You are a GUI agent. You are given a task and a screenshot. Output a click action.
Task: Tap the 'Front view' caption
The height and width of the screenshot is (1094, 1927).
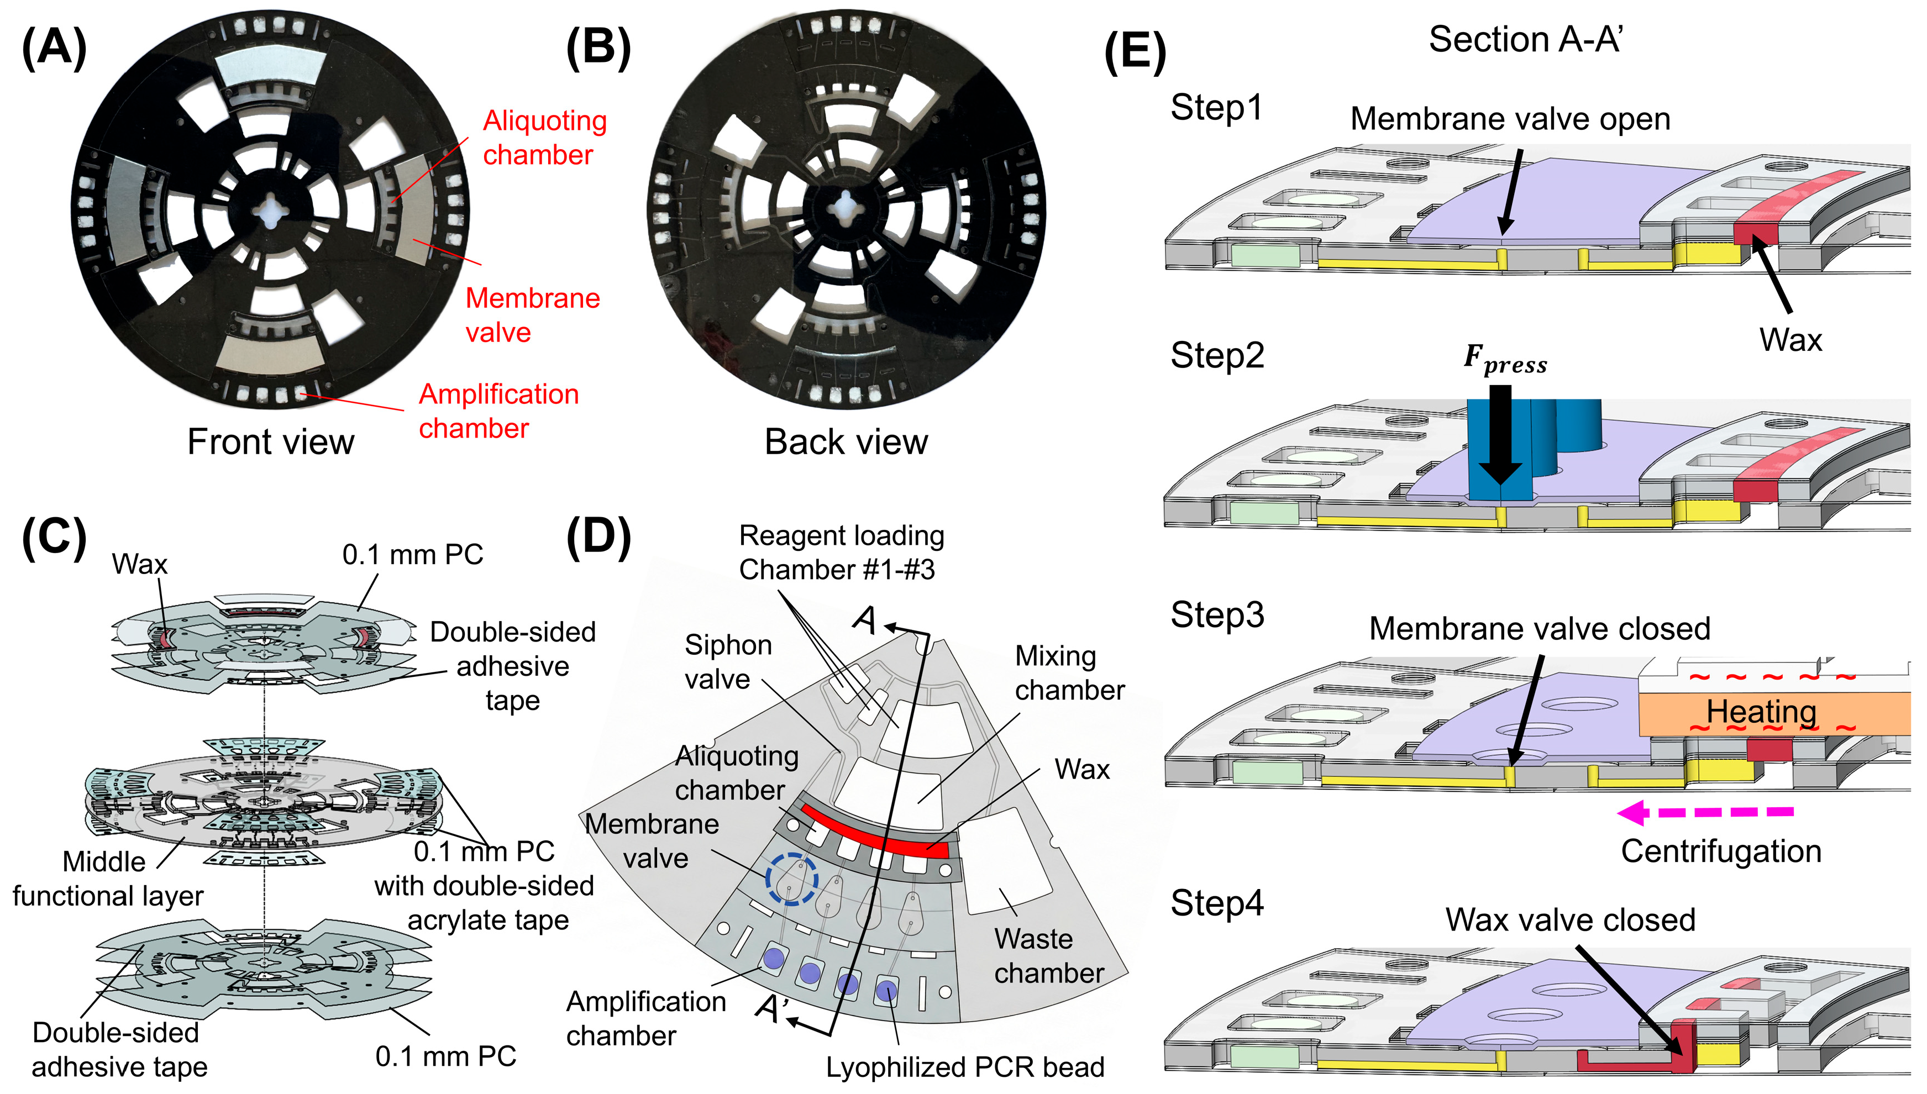(x=270, y=442)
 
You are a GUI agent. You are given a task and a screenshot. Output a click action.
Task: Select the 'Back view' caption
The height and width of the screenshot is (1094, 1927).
(x=846, y=442)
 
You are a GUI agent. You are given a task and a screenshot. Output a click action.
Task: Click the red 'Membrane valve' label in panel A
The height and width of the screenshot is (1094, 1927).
(x=533, y=315)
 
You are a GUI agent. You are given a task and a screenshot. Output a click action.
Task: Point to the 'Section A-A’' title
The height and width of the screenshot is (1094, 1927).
(x=1526, y=39)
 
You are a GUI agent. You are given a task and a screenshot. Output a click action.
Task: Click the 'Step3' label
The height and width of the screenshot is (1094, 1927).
(x=1217, y=614)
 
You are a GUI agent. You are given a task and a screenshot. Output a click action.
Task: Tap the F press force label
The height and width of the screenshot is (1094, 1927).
(x=1505, y=359)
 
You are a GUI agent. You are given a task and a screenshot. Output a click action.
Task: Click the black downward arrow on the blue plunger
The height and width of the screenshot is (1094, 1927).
(x=1500, y=434)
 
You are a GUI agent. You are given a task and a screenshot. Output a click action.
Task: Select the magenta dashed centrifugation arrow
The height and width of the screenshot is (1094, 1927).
(x=1705, y=812)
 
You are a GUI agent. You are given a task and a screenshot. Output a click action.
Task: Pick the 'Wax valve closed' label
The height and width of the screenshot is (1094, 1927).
(x=1570, y=920)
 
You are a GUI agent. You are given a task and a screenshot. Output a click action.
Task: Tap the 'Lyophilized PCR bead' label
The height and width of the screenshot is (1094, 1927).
(x=965, y=1067)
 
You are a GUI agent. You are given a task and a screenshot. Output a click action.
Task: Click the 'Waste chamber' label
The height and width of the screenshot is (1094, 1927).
(x=1049, y=956)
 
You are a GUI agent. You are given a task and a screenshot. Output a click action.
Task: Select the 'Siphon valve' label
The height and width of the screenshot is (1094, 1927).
(x=728, y=662)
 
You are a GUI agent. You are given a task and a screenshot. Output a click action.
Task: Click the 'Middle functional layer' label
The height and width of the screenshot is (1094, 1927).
(x=107, y=879)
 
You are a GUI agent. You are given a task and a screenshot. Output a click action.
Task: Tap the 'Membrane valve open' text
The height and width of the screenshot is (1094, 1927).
(x=1510, y=119)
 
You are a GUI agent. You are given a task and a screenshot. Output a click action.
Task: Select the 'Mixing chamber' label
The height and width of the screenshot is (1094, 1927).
(x=1070, y=673)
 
